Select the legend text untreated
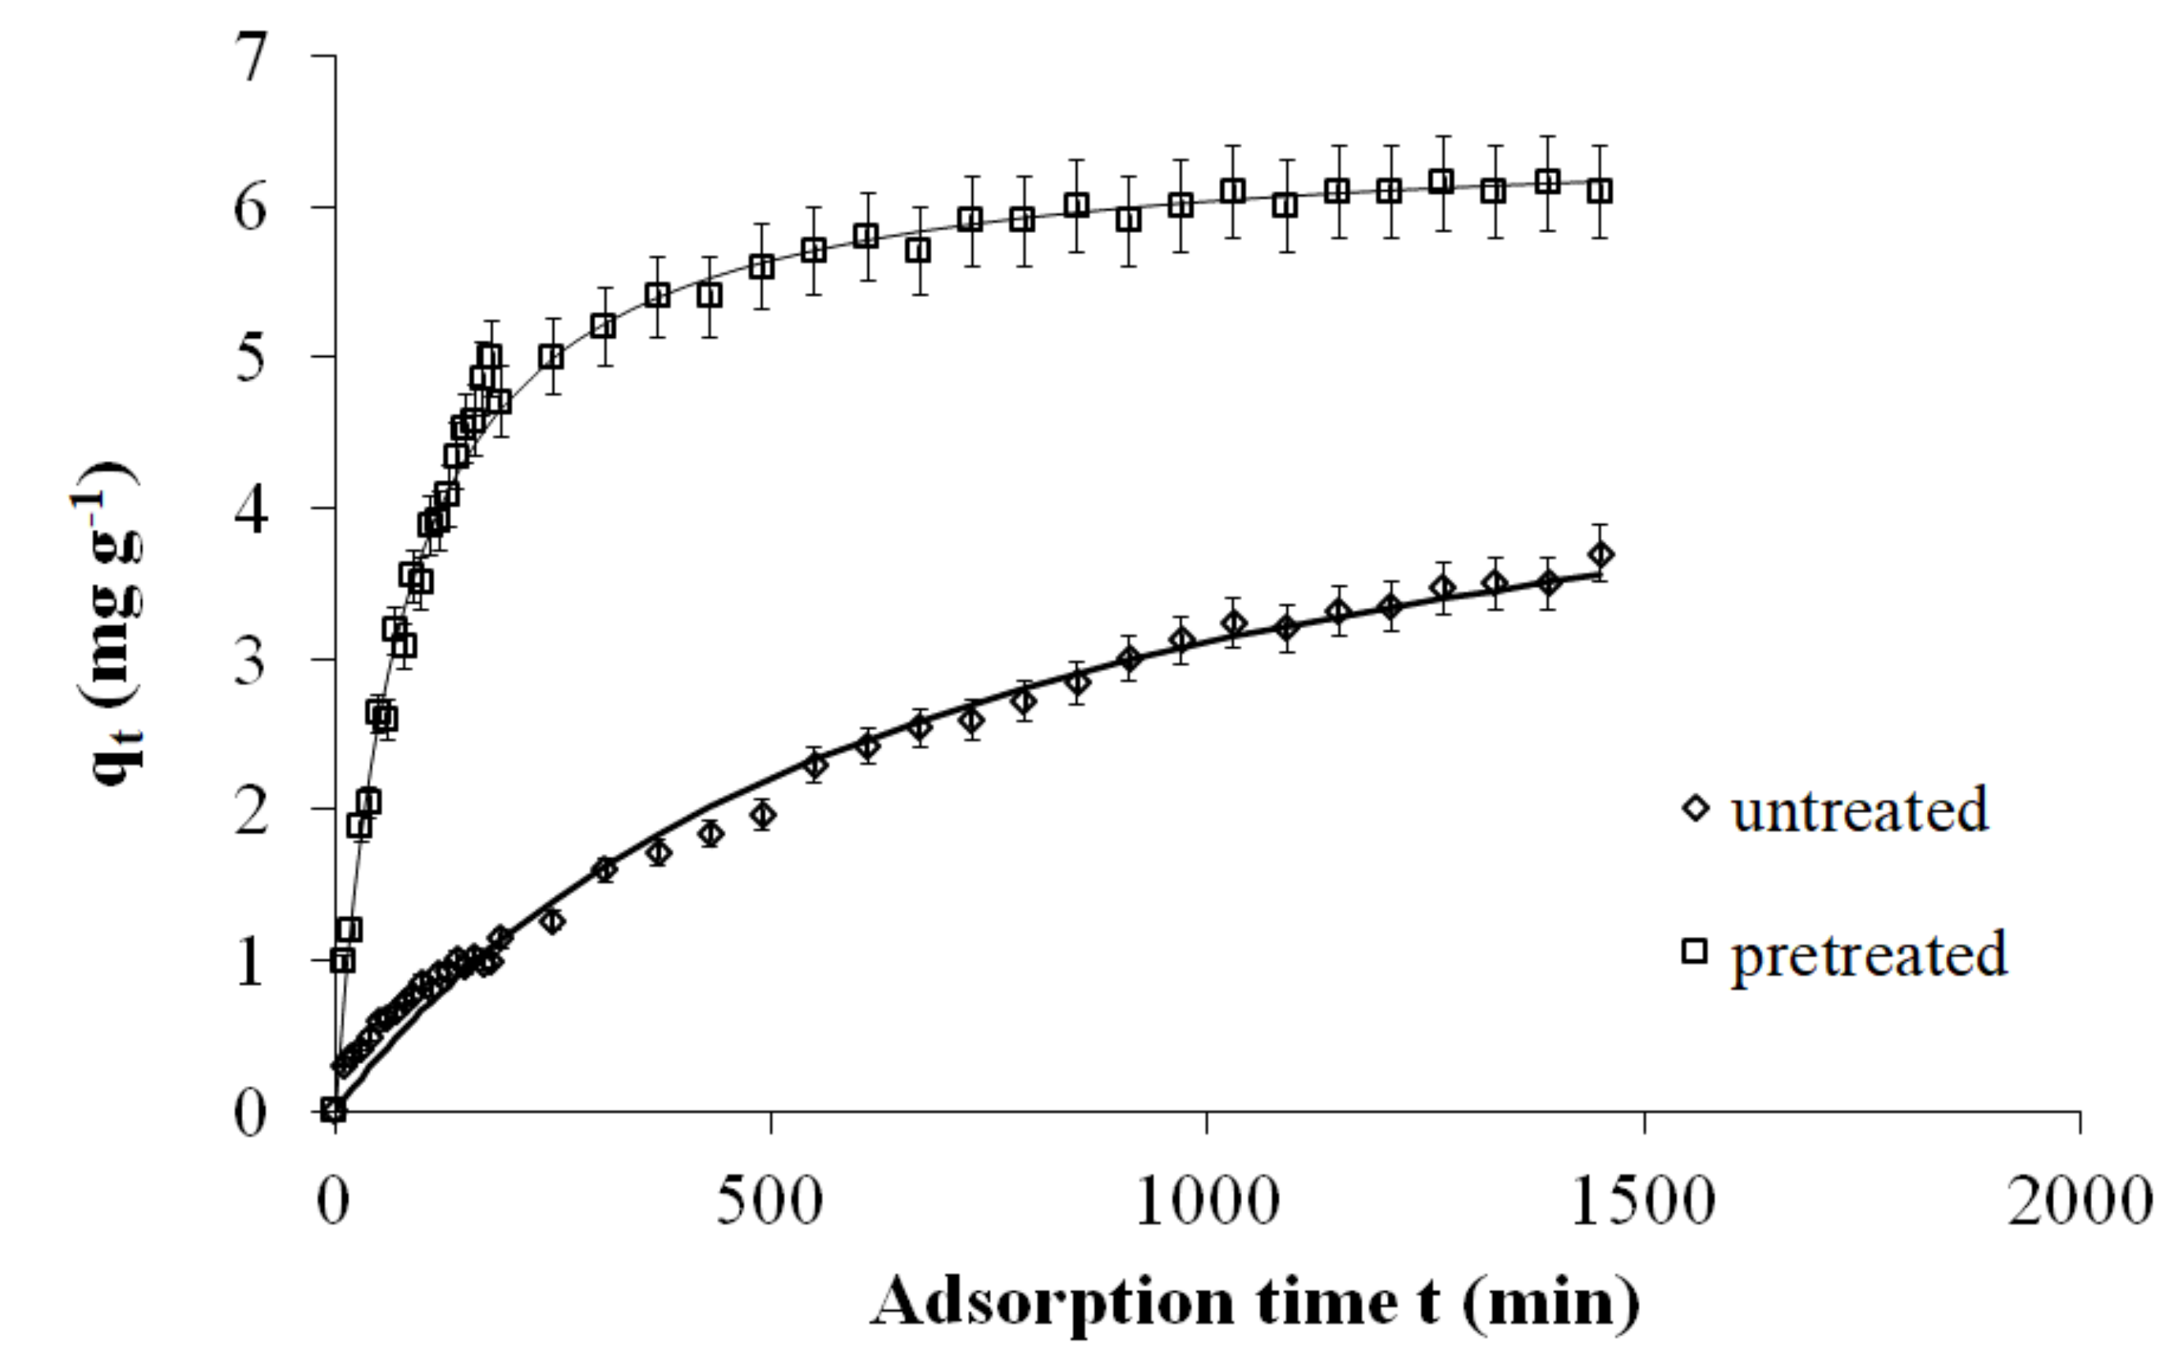click(x=1860, y=809)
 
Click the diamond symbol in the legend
click(x=1696, y=808)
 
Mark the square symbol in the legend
click(x=1695, y=952)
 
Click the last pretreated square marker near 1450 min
click(x=1600, y=191)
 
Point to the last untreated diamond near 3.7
click(x=1600, y=555)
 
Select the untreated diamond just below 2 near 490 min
click(x=763, y=815)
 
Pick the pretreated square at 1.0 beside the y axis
click(x=342, y=961)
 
